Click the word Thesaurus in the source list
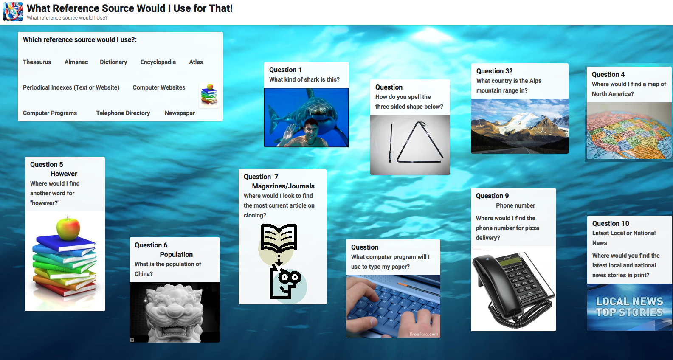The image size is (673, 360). tap(37, 62)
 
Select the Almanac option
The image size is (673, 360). tap(76, 62)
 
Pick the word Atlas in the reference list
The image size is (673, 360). tap(196, 62)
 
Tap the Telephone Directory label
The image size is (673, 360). tap(123, 113)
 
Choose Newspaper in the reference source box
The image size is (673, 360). tap(180, 113)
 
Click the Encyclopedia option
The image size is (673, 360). tap(158, 62)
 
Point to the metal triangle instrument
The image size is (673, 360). tap(420, 143)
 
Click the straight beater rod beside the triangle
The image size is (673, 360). tap(391, 143)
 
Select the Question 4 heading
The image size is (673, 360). tap(608, 75)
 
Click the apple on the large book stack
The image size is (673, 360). tap(68, 229)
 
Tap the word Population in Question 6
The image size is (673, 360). tap(176, 255)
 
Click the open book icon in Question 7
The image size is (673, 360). tap(279, 238)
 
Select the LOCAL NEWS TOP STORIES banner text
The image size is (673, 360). tap(629, 307)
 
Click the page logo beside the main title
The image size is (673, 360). tap(13, 12)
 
